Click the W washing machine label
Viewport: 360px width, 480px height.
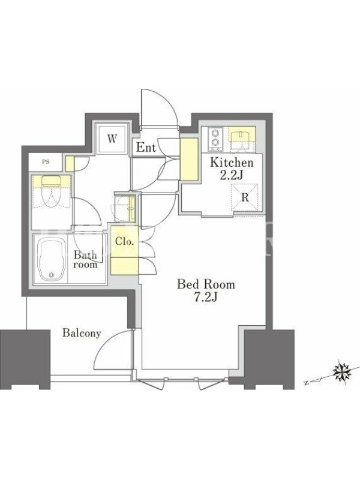[112, 139]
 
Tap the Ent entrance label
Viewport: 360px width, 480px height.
[146, 148]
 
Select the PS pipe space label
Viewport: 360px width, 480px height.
[46, 162]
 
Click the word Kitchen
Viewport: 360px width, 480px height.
[232, 162]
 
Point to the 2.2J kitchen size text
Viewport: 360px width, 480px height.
[232, 175]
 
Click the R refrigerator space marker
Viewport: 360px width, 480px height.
[245, 197]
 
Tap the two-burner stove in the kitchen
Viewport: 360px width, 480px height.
[215, 139]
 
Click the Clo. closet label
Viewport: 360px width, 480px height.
[125, 242]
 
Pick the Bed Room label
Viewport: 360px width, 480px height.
[206, 284]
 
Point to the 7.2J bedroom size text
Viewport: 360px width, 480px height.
[206, 297]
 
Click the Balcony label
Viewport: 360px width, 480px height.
[82, 333]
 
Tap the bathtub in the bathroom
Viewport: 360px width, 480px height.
[52, 260]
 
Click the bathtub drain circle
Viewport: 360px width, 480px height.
[52, 275]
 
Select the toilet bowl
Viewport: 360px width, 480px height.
[52, 192]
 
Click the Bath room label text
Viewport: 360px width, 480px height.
[85, 260]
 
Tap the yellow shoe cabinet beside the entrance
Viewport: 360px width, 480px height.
[188, 159]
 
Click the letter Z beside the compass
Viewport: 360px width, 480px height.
[306, 383]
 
